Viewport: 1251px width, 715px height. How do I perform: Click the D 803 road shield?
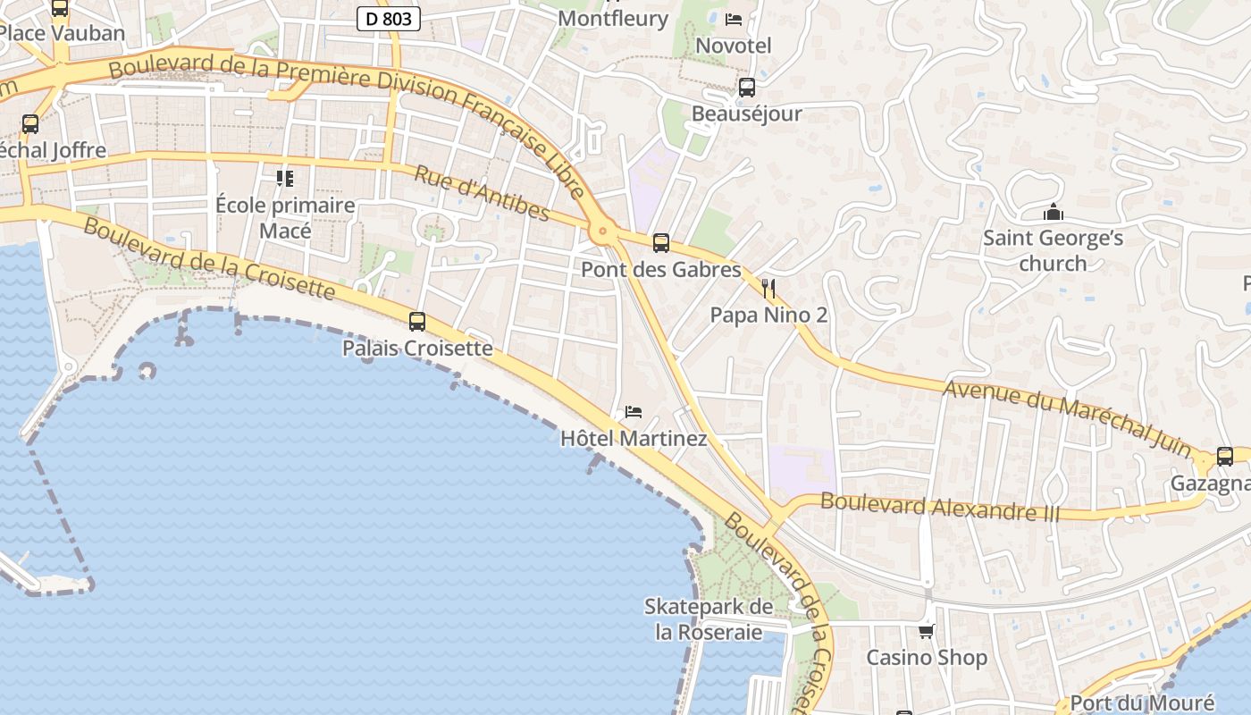pyautogui.click(x=389, y=19)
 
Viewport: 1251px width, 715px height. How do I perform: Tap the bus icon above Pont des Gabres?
pyautogui.click(x=660, y=242)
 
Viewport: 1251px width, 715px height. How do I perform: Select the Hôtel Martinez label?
pyautogui.click(x=634, y=439)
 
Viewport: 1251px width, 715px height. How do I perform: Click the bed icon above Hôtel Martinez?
pyautogui.click(x=634, y=412)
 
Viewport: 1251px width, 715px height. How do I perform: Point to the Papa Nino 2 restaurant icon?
pyautogui.click(x=768, y=288)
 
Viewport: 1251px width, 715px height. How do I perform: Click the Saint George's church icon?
pyautogui.click(x=1054, y=213)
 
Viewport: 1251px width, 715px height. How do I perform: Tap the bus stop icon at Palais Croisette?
pyautogui.click(x=417, y=321)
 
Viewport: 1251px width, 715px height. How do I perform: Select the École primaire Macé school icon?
pyautogui.click(x=285, y=179)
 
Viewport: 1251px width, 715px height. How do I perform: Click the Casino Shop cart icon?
pyautogui.click(x=927, y=631)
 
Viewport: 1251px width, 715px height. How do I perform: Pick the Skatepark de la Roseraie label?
pyautogui.click(x=709, y=619)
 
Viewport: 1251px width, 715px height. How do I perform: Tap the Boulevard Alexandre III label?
pyautogui.click(x=940, y=507)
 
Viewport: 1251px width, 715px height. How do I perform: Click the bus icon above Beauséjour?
pyautogui.click(x=746, y=88)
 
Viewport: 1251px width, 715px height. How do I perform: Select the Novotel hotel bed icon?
pyautogui.click(x=734, y=19)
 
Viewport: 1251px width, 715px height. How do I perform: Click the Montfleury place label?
pyautogui.click(x=612, y=19)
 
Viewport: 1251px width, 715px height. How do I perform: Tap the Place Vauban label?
pyautogui.click(x=62, y=34)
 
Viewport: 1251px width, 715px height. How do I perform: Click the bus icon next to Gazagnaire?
pyautogui.click(x=1224, y=456)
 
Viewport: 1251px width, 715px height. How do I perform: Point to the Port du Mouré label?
pyautogui.click(x=1142, y=702)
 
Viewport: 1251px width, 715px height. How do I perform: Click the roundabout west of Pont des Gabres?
pyautogui.click(x=603, y=232)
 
